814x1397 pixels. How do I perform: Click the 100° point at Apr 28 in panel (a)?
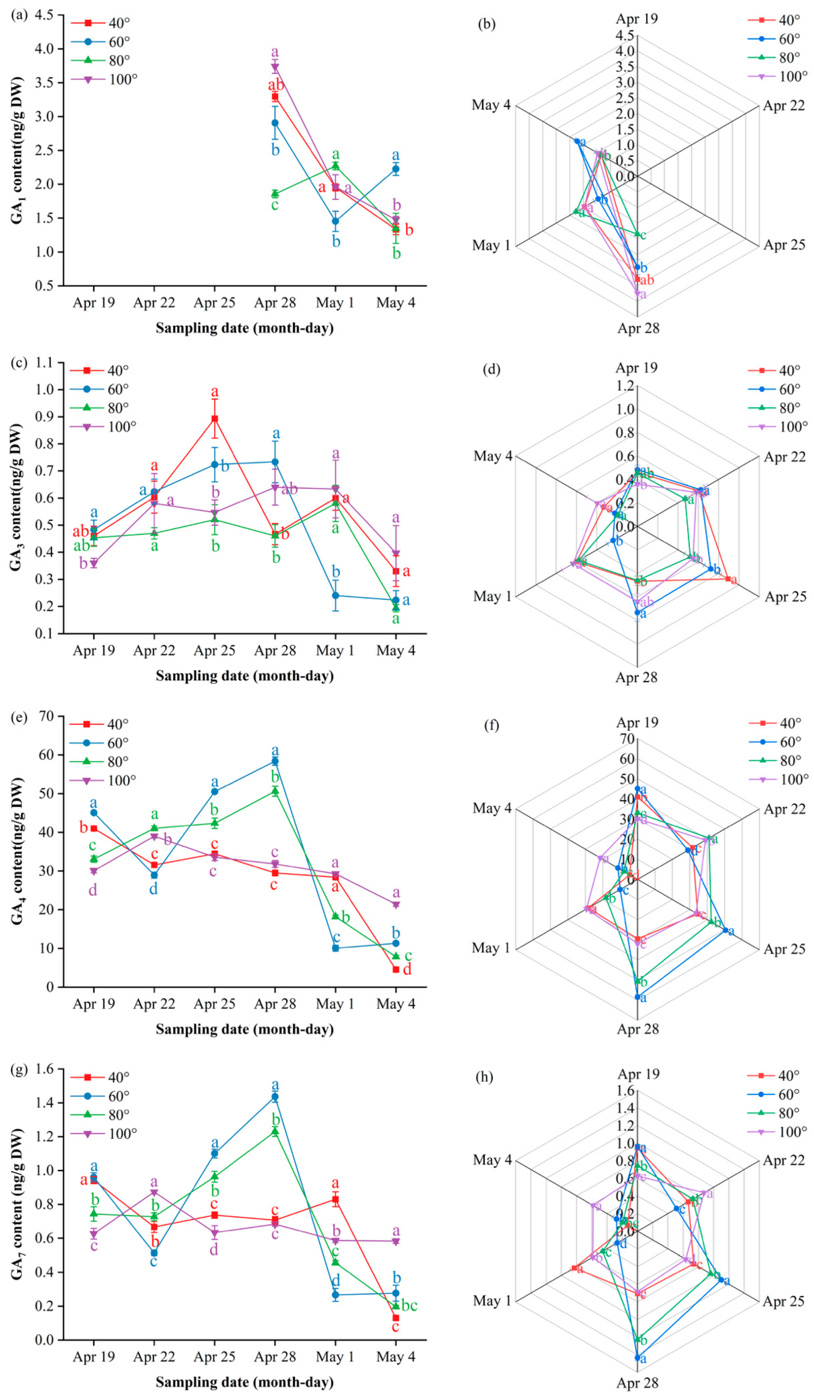coord(275,68)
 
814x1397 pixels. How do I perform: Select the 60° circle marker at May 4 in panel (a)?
coord(396,169)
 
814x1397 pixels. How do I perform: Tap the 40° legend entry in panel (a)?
coord(100,23)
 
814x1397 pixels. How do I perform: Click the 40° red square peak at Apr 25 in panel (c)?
coord(214,419)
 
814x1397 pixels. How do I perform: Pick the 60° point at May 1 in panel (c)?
coord(335,596)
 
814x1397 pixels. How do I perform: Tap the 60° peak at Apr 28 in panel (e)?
coord(275,761)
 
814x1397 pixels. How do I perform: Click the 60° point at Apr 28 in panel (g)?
coord(275,1097)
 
